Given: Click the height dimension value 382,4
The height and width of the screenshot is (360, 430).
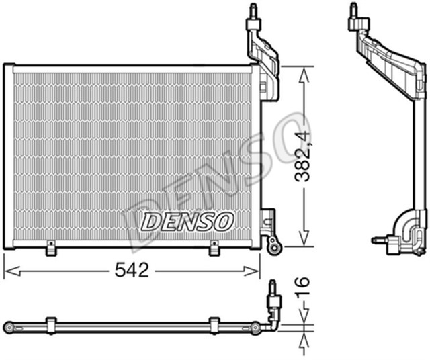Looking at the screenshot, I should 304,156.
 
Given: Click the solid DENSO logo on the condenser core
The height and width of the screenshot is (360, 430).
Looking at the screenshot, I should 187,220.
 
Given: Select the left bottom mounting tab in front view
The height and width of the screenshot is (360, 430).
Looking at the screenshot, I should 50,249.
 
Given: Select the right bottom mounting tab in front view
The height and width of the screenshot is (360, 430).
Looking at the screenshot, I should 214,249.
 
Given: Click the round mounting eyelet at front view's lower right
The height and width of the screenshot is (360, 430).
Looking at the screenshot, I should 273,247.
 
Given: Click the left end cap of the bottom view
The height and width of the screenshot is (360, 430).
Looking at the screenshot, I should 9,327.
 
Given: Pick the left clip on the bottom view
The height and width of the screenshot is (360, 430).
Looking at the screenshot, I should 50,324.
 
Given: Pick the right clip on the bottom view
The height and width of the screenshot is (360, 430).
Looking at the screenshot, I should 214,324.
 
